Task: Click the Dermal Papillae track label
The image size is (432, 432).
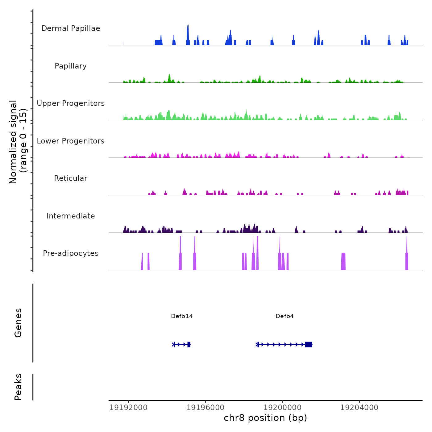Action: click(x=71, y=28)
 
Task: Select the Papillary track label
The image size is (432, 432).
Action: click(x=71, y=66)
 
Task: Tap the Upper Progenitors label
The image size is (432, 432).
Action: click(x=71, y=103)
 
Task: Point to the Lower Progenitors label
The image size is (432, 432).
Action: click(x=71, y=141)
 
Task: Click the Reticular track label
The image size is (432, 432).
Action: click(x=71, y=178)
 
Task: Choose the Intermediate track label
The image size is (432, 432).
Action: click(x=71, y=216)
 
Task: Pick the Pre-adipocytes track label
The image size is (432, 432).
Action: click(x=71, y=253)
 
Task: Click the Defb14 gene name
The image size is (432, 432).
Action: click(x=182, y=316)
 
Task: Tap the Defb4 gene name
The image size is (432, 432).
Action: click(x=285, y=316)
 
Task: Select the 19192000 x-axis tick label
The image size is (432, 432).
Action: click(x=128, y=408)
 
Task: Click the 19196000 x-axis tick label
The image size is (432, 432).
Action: click(x=206, y=408)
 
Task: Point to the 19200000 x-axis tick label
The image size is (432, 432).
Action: click(x=282, y=408)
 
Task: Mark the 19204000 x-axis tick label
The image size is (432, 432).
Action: click(x=359, y=408)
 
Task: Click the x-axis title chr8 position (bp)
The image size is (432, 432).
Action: click(x=265, y=418)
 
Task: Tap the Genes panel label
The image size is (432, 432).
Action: click(x=18, y=323)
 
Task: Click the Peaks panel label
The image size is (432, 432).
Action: click(x=18, y=387)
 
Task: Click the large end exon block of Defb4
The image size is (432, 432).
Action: click(x=309, y=344)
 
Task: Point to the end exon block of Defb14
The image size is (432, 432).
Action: click(x=189, y=344)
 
